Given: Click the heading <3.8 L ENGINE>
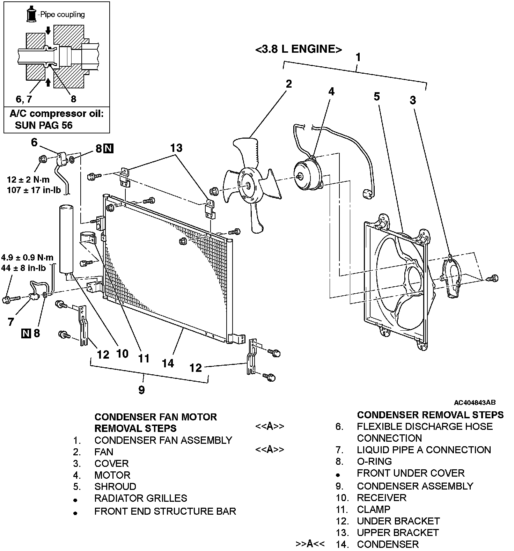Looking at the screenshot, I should (x=299, y=49).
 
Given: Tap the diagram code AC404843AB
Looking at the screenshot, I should (x=475, y=403).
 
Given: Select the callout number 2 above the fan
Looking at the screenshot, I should (x=288, y=84).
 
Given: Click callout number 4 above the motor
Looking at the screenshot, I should (x=331, y=91).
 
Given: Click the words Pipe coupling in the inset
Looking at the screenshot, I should (x=62, y=15).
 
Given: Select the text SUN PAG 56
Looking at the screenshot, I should (x=44, y=125).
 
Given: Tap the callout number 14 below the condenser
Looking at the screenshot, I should (x=168, y=363).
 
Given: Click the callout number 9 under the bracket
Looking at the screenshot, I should (x=141, y=390).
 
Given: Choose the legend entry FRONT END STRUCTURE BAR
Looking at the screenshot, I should (x=165, y=512).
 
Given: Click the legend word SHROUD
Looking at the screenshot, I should (x=115, y=487).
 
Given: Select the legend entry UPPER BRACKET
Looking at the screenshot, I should (x=398, y=533).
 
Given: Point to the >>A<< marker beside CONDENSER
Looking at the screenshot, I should (x=310, y=544).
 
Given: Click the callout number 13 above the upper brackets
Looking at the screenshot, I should (x=176, y=148).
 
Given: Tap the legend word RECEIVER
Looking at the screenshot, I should (x=382, y=498).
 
